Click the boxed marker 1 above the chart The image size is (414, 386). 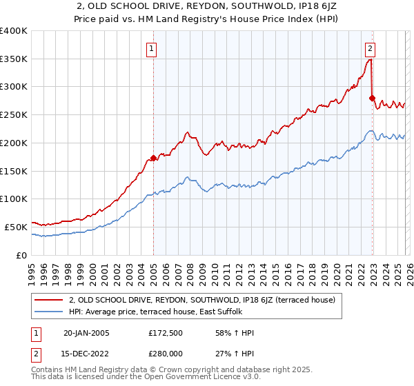(151, 48)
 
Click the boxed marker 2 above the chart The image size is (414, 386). (371, 48)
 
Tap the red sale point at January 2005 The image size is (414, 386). (153, 158)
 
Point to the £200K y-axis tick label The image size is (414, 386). (14, 143)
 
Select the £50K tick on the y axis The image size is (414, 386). (16, 227)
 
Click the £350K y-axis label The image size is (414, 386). (14, 59)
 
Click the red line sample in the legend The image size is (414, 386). (48, 300)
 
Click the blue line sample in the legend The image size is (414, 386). (48, 312)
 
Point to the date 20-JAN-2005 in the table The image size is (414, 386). (86, 333)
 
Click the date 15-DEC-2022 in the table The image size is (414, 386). (86, 355)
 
